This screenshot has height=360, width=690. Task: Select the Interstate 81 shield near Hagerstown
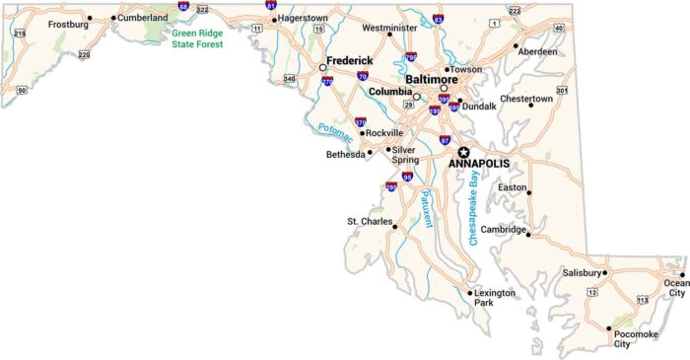pos(271,5)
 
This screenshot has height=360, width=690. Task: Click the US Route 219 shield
pos(20,33)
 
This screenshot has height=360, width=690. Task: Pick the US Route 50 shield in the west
pos(22,90)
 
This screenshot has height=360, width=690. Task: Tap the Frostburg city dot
pos(91,18)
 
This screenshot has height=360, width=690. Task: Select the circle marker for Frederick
pos(322,68)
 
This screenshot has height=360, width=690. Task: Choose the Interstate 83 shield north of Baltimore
pos(438,19)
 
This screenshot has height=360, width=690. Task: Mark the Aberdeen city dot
pos(516,45)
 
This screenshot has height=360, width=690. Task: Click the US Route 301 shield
pos(562,91)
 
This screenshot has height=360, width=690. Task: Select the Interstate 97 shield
pos(445,140)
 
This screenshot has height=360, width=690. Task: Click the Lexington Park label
pos(496,297)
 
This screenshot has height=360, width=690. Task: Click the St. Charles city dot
pos(394,227)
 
